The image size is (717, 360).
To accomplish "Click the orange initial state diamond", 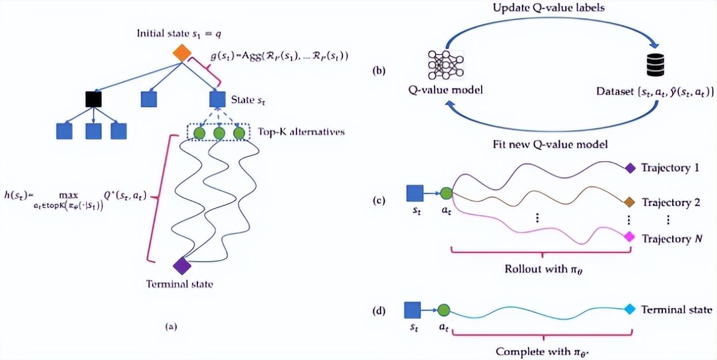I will [x=182, y=53].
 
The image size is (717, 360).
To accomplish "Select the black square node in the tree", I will [x=93, y=99].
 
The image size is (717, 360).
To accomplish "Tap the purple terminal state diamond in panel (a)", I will [x=182, y=265].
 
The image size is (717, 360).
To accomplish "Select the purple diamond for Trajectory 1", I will [x=630, y=168].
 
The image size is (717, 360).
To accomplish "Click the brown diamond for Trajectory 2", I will [x=630, y=202].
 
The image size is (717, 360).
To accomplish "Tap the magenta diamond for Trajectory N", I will [x=630, y=237].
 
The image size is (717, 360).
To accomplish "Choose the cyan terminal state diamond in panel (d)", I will [x=630, y=309].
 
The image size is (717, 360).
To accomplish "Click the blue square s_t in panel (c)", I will [x=415, y=194].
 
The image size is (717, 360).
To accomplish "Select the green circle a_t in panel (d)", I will [x=443, y=311].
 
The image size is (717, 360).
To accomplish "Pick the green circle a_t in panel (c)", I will [x=446, y=194].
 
